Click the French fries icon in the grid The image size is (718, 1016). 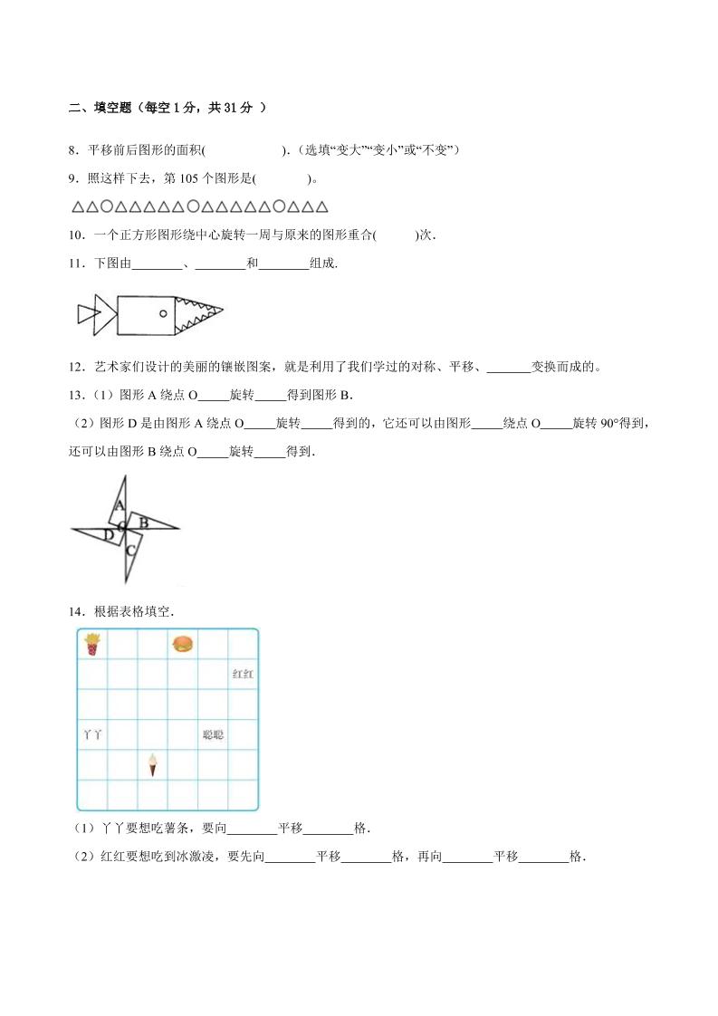[91, 644]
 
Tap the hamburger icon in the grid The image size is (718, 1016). [183, 644]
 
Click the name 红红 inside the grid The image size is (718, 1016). [243, 675]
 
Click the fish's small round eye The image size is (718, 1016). [162, 313]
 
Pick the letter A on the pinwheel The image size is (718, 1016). [120, 505]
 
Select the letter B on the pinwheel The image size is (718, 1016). [143, 521]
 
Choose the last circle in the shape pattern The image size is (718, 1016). [280, 206]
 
